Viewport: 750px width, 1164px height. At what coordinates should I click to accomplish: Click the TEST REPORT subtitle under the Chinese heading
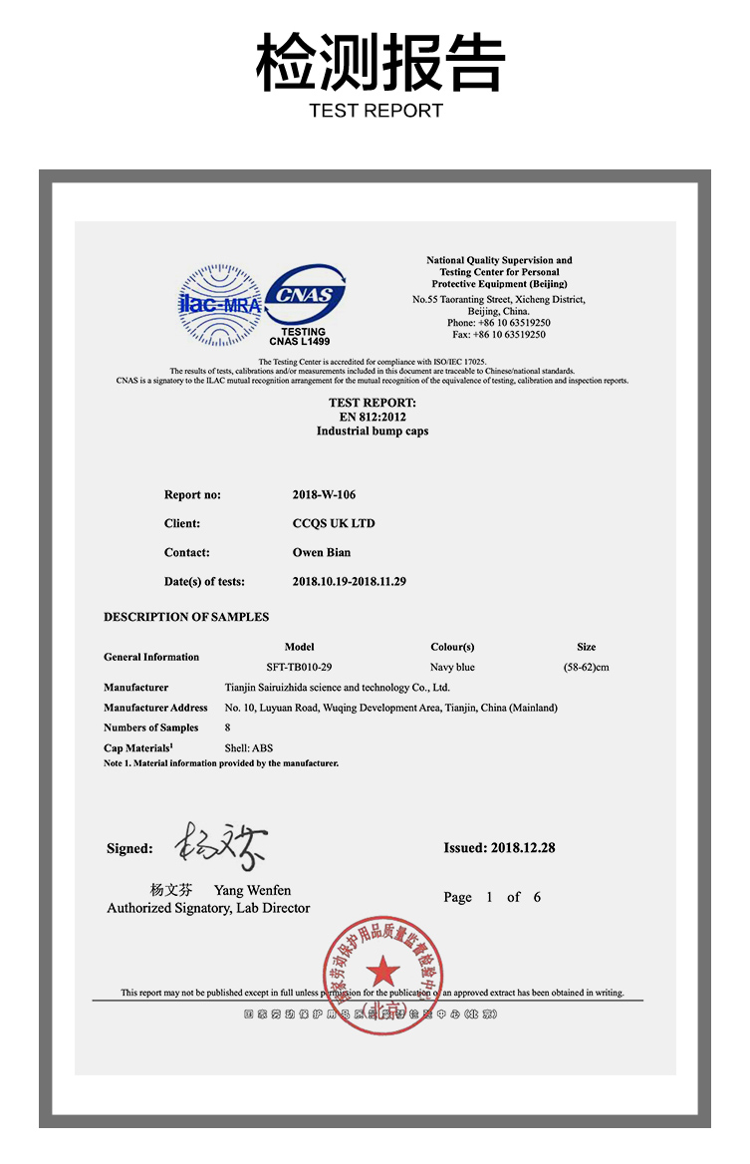pyautogui.click(x=375, y=111)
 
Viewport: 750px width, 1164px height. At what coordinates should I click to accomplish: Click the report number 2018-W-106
pyautogui.click(x=324, y=494)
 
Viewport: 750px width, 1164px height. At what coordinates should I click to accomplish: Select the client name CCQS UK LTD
pyautogui.click(x=333, y=523)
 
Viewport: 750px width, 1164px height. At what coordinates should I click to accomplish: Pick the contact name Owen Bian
pyautogui.click(x=321, y=552)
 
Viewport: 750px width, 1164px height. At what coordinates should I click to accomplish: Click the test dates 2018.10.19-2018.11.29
pyautogui.click(x=349, y=581)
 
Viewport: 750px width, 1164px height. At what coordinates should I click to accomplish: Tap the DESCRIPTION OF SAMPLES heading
pyautogui.click(x=186, y=617)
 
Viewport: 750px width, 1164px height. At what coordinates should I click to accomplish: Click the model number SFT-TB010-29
pyautogui.click(x=299, y=667)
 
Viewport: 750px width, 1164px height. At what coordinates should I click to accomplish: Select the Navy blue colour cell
pyautogui.click(x=452, y=667)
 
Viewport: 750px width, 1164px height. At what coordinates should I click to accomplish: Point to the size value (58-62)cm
pyautogui.click(x=586, y=667)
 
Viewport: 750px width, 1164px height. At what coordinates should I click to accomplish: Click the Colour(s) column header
pyautogui.click(x=452, y=647)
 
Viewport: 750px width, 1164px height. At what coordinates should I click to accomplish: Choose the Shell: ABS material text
pyautogui.click(x=249, y=747)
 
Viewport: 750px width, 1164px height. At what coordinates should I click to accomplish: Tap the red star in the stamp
pyautogui.click(x=381, y=970)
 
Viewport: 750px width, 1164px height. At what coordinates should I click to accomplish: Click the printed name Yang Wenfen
pyautogui.click(x=252, y=890)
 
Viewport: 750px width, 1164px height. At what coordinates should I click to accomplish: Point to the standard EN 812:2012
pyautogui.click(x=373, y=417)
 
